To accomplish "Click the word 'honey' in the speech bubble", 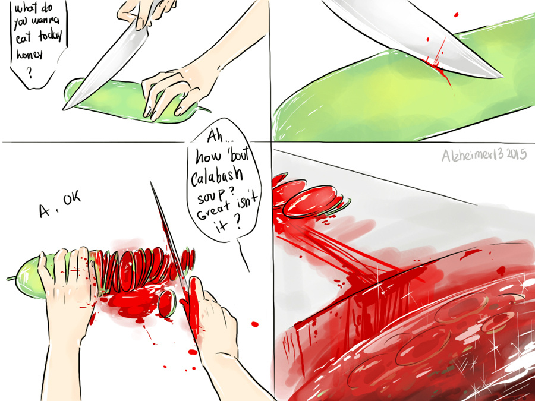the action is (x=30, y=55).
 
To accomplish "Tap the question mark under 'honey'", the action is (x=30, y=72).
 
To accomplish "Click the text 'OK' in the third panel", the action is (x=72, y=197).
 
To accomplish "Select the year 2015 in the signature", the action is (x=516, y=154).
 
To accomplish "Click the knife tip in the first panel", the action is (x=64, y=109).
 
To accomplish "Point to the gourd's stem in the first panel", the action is (x=204, y=109).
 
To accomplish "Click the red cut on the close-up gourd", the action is (x=439, y=67).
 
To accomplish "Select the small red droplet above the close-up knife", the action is (x=456, y=15).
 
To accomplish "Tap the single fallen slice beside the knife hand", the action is (x=167, y=304).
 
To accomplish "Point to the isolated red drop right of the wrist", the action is (x=255, y=324).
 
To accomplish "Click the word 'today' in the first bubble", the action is (x=50, y=36).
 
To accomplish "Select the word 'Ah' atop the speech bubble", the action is (x=214, y=137).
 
